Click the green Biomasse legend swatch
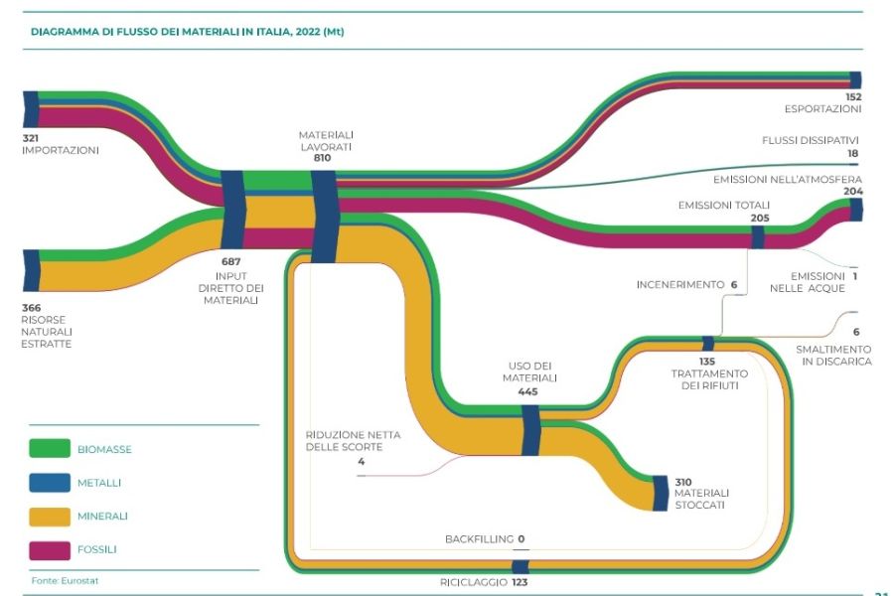pyautogui.click(x=50, y=449)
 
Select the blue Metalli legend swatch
pyautogui.click(x=50, y=482)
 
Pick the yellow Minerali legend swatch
pyautogui.click(x=50, y=516)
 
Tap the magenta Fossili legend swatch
pyautogui.click(x=50, y=548)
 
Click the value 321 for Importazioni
pyautogui.click(x=32, y=137)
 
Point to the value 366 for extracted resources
pyautogui.click(x=32, y=307)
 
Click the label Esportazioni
pyautogui.click(x=822, y=109)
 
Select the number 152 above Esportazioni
pyautogui.click(x=852, y=96)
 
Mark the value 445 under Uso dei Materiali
pyautogui.click(x=527, y=391)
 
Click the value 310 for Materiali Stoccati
pyautogui.click(x=683, y=481)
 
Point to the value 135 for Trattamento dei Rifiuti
pyautogui.click(x=707, y=361)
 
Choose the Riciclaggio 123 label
pyautogui.click(x=482, y=582)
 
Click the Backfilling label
pyautogui.click(x=479, y=539)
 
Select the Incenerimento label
pyautogui.click(x=680, y=285)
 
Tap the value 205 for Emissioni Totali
pyautogui.click(x=760, y=218)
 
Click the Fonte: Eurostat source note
pyautogui.click(x=59, y=579)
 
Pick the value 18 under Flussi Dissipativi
pyautogui.click(x=852, y=154)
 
